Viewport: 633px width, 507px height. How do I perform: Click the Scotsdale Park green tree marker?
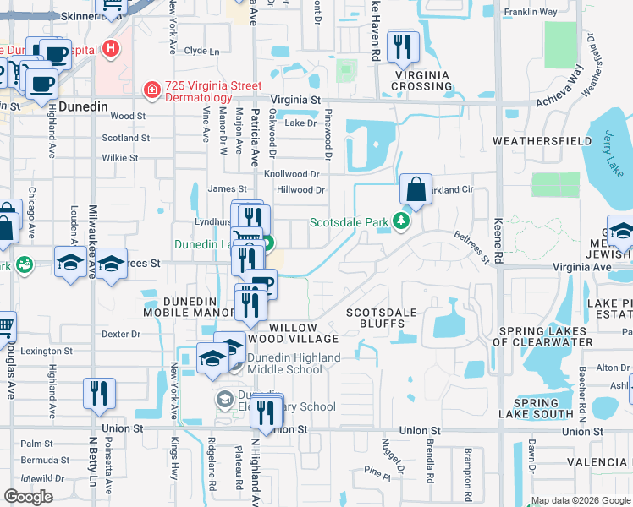pyautogui.click(x=401, y=223)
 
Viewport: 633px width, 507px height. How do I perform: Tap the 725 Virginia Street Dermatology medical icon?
pyautogui.click(x=151, y=89)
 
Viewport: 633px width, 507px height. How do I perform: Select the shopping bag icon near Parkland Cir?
pyautogui.click(x=416, y=190)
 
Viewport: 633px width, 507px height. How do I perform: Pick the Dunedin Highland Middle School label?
pyautogui.click(x=292, y=363)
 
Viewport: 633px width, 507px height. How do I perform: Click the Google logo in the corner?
pyautogui.click(x=28, y=497)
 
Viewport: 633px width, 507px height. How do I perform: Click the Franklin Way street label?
pyautogui.click(x=530, y=13)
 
